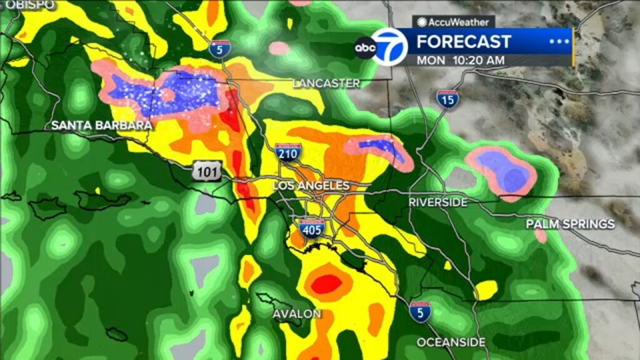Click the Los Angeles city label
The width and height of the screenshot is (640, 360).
(x=311, y=186)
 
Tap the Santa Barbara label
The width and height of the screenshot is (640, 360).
(x=101, y=126)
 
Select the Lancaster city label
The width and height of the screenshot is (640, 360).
(x=326, y=83)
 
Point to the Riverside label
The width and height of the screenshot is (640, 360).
(x=438, y=202)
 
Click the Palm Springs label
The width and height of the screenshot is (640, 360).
(x=570, y=224)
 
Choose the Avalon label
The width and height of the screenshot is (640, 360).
(x=297, y=314)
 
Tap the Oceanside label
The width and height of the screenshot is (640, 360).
(x=451, y=342)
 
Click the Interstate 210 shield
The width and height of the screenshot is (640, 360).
(x=288, y=152)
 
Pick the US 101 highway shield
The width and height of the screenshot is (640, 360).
(x=207, y=171)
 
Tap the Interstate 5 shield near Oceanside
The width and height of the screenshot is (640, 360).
(x=420, y=311)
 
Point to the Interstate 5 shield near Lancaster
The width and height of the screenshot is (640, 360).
(x=218, y=48)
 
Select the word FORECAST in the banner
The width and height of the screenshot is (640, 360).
(x=464, y=42)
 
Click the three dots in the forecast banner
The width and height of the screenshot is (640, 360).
(x=556, y=42)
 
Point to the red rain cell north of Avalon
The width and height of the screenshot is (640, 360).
(x=327, y=284)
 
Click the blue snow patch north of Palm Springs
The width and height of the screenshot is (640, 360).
(x=504, y=171)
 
